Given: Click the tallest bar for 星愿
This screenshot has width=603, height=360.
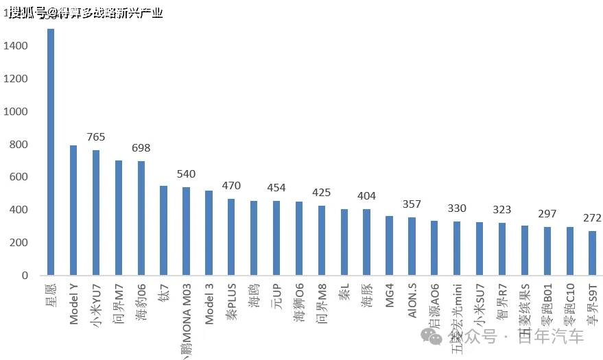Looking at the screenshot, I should click(51, 152).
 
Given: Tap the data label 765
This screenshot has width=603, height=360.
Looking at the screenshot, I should click(96, 137).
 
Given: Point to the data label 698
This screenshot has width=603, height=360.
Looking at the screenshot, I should click(141, 148).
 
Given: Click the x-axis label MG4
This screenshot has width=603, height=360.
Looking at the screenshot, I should click(390, 295).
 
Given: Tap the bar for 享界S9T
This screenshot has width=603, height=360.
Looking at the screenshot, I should click(593, 253).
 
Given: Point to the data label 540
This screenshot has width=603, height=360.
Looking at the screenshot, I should click(187, 174).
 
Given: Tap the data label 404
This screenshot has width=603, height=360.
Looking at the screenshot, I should click(367, 196).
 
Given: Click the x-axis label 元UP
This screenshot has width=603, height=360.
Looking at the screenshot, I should click(276, 296).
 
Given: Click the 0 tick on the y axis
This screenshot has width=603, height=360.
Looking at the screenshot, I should click(24, 276).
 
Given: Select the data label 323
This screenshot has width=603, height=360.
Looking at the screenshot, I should click(502, 210).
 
